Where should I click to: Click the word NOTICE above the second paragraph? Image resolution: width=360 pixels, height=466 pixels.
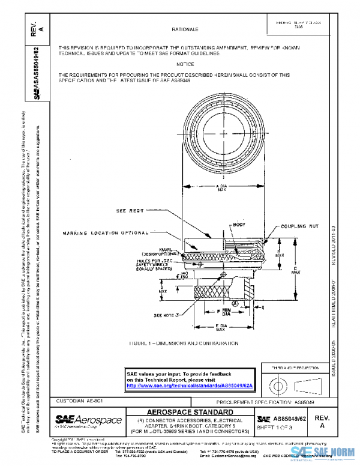(185, 64)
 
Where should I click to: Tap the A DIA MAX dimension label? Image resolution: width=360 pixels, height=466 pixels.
(221, 188)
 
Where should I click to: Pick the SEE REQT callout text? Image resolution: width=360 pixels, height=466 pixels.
(129, 211)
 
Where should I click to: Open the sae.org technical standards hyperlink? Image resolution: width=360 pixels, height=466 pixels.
(190, 386)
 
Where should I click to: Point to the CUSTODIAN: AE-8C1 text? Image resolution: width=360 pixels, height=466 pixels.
(76, 400)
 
